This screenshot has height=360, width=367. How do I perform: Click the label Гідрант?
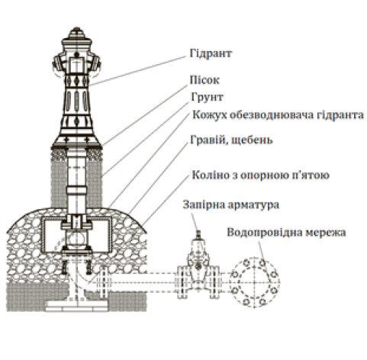click(211, 53)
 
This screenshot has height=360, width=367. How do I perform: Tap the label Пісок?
click(204, 80)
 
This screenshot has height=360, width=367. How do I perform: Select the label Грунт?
click(208, 97)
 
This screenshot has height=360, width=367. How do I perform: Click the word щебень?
click(252, 140)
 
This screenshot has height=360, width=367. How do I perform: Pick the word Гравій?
click(209, 140)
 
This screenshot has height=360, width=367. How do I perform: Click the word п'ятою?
click(311, 175)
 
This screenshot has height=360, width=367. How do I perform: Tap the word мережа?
click(326, 233)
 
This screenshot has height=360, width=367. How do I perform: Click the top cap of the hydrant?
click(76, 33)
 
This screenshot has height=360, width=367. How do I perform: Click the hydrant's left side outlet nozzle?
click(58, 65)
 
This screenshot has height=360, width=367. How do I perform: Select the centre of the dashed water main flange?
click(254, 282)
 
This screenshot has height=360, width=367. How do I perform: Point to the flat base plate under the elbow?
click(76, 306)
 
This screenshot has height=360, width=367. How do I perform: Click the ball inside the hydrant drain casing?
click(76, 239)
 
